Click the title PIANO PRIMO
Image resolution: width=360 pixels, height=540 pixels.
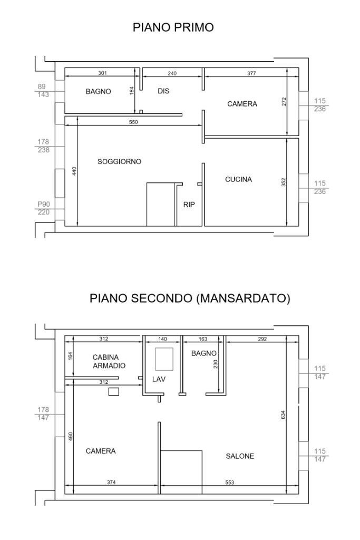pos(173,27)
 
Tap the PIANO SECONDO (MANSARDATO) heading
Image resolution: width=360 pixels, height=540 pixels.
pos(190,298)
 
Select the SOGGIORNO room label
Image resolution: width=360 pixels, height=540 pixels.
pos(119,161)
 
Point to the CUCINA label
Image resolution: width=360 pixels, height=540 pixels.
pos(238,179)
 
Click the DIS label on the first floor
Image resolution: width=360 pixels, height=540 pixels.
pos(163,91)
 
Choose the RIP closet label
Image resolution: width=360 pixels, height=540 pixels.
pos(189,205)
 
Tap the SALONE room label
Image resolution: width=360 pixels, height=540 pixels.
pos(240,456)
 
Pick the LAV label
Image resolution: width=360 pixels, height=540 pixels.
pos(159,379)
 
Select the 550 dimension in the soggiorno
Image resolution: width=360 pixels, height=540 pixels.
pos(133,122)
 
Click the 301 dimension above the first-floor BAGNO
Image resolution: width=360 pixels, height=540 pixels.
pos(103,73)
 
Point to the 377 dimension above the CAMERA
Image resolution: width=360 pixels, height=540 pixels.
pos(251,73)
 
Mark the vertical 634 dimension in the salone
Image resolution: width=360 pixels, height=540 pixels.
pos(283,414)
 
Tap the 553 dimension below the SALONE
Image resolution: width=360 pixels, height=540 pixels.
pos(230,482)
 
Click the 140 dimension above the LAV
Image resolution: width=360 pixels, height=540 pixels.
pos(162,339)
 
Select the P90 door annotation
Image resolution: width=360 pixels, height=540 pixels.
pos(43,204)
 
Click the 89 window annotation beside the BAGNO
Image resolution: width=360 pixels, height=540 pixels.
pos(42,87)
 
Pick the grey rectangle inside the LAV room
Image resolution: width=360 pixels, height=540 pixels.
pos(164,359)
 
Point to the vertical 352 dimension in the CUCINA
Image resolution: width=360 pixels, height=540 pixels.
pos(284,182)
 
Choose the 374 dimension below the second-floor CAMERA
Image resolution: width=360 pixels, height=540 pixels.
pos(111,482)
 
